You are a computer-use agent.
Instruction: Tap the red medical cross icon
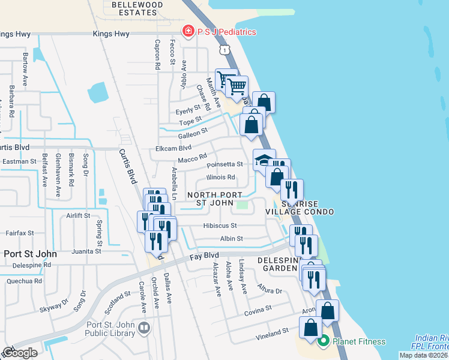click(x=188, y=32)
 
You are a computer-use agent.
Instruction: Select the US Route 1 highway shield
click(x=224, y=51)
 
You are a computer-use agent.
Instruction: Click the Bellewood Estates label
click(x=137, y=8)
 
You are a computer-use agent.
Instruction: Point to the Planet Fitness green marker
click(x=324, y=341)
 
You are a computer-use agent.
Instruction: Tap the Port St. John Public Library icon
click(x=143, y=328)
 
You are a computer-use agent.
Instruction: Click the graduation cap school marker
click(x=264, y=160)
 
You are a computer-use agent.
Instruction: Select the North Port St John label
click(x=214, y=199)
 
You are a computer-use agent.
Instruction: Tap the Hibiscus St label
click(x=220, y=226)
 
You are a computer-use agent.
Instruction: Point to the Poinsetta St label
click(x=224, y=164)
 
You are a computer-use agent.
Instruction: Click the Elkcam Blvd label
click(x=173, y=148)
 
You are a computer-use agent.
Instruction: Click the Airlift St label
click(x=78, y=215)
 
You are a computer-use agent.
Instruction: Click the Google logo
click(x=19, y=352)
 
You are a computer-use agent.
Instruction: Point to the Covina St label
click(x=258, y=310)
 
